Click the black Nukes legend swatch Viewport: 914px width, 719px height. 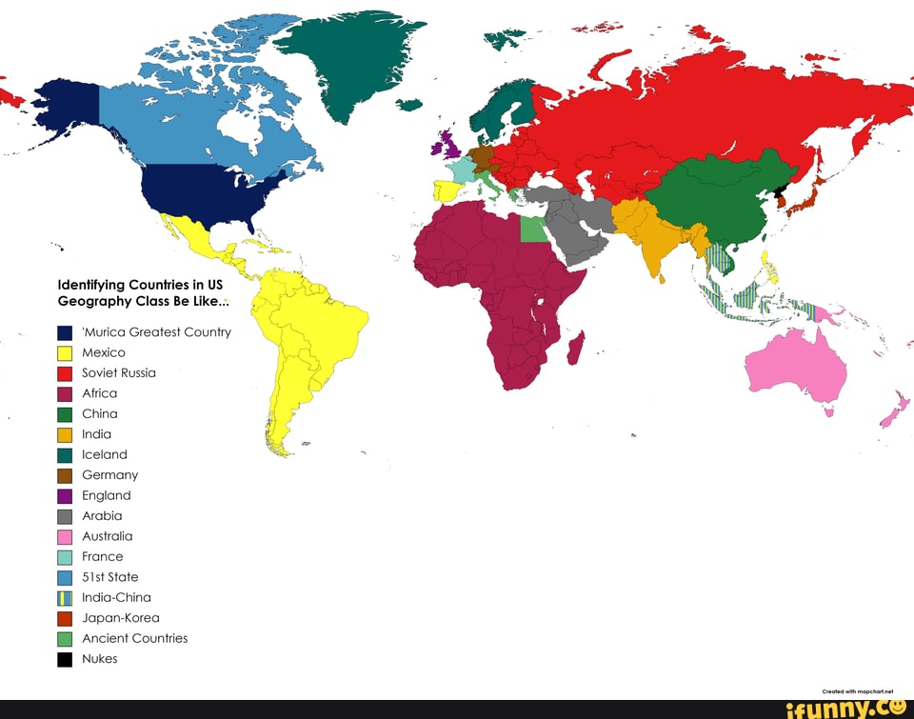click(x=65, y=659)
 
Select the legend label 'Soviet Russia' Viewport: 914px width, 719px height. click(x=118, y=372)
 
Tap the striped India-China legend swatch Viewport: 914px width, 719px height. click(x=65, y=598)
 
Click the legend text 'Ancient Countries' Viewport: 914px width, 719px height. click(x=134, y=638)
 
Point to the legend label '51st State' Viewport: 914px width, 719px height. click(x=109, y=577)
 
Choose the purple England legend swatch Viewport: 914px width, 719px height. click(x=65, y=495)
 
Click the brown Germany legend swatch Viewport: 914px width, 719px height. click(x=65, y=475)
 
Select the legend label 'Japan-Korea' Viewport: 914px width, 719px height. click(x=120, y=618)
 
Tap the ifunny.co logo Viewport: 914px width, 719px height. click(x=845, y=708)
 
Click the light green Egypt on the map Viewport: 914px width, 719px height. click(x=534, y=229)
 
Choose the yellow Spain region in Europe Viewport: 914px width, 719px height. click(x=447, y=190)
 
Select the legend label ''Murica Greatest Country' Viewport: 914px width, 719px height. click(x=156, y=332)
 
